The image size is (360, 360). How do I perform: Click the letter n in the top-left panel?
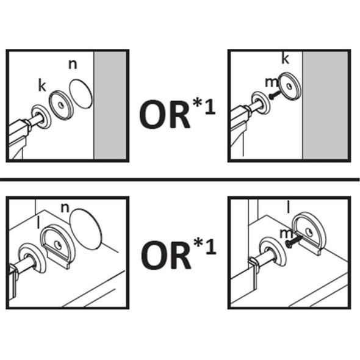(x=73, y=64)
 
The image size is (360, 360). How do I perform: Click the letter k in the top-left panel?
(x=42, y=86)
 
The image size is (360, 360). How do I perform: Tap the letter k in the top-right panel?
(x=285, y=59)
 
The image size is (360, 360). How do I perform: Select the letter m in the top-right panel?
(x=272, y=82)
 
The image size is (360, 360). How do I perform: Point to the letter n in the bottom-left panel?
(x=65, y=208)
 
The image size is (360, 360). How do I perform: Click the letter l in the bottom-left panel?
(x=38, y=223)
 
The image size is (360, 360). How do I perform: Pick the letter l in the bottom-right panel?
(x=289, y=207)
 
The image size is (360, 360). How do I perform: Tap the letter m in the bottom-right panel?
(x=286, y=234)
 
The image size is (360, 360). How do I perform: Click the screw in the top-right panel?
(x=275, y=95)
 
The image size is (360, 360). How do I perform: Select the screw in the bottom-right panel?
(x=292, y=240)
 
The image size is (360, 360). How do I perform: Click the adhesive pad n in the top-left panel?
(x=81, y=94)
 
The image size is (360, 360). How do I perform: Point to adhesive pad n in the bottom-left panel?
(x=85, y=229)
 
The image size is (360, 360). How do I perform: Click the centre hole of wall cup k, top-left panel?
(x=61, y=105)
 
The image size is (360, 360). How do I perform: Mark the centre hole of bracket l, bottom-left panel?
(x=57, y=245)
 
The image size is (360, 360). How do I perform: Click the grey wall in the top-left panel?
(x=110, y=105)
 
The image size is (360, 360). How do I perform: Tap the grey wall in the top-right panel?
(x=325, y=105)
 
